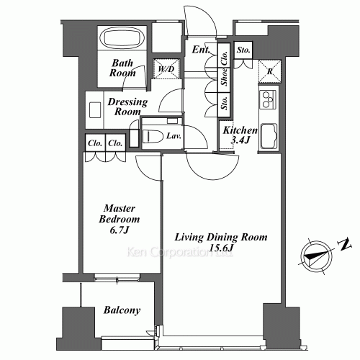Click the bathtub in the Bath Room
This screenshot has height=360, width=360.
(x=122, y=38)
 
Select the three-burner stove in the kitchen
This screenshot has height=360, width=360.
(x=268, y=99)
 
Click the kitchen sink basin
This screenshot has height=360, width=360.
(x=269, y=136)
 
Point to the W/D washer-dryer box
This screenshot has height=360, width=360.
(x=166, y=69)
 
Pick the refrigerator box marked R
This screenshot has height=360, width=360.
(x=270, y=71)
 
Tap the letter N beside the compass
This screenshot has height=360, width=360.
(x=345, y=245)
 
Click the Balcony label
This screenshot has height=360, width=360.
(x=122, y=310)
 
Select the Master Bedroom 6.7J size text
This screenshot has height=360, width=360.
(x=120, y=230)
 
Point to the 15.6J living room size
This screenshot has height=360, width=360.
(x=221, y=248)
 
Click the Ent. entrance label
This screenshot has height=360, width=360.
(x=201, y=50)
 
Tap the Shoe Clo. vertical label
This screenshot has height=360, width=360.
(x=224, y=68)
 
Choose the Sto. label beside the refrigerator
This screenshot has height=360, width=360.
(x=243, y=50)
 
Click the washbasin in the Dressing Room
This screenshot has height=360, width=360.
(x=95, y=110)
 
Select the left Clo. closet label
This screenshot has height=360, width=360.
(x=95, y=143)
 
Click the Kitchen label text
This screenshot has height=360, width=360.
(x=240, y=130)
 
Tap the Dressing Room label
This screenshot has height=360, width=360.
(x=127, y=107)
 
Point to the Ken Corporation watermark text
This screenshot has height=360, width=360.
(x=180, y=252)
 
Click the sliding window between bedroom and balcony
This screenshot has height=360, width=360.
(x=117, y=278)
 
